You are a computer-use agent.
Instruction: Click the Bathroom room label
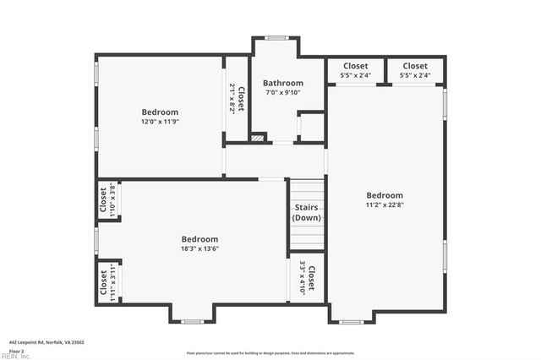tap(282, 83)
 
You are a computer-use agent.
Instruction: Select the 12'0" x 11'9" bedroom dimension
tap(160, 122)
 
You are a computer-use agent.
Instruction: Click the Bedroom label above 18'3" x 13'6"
tap(199, 239)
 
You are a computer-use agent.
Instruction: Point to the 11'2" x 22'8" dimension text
tap(385, 205)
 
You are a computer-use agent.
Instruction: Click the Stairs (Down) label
tap(306, 213)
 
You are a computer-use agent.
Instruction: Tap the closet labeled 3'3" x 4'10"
tap(307, 279)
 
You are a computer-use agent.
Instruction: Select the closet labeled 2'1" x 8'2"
tap(236, 98)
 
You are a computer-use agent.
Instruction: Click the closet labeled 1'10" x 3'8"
tap(107, 200)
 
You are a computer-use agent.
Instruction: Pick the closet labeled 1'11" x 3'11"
tap(107, 282)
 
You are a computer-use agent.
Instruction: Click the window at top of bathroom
tap(276, 38)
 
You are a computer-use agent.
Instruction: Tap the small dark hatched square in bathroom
tap(259, 137)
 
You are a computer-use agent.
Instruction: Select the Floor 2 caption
tap(16, 350)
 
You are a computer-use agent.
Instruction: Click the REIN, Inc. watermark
tap(14, 356)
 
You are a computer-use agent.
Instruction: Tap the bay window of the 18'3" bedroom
tap(193, 321)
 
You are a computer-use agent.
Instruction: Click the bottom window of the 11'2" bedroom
tap(351, 321)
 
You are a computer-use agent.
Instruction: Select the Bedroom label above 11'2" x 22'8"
tap(385, 195)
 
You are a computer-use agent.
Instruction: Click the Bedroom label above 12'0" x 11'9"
tap(160, 112)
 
